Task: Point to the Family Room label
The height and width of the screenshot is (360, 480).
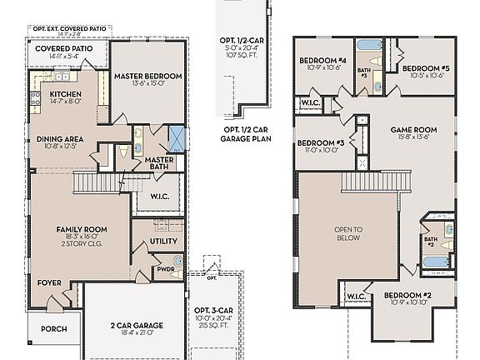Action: [80, 229]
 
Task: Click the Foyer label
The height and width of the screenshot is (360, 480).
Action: [49, 282]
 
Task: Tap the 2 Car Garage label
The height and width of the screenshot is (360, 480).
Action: [137, 325]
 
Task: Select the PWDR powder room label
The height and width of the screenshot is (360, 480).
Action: [165, 269]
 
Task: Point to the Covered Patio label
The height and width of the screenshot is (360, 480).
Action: [63, 48]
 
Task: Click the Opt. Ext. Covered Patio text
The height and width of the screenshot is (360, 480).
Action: [69, 29]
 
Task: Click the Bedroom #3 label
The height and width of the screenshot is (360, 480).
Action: [320, 143]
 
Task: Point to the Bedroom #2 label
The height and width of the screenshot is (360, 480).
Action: [407, 296]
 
